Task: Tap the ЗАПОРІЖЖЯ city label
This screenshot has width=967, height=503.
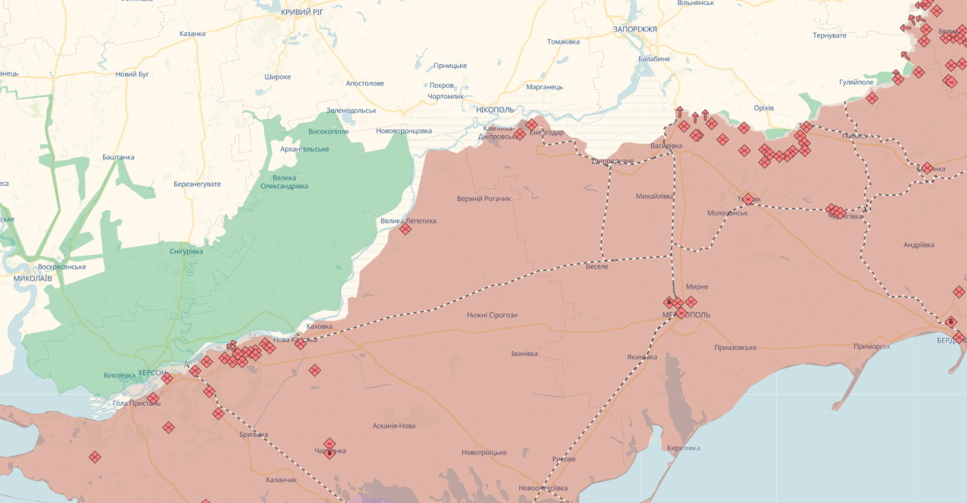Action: tap(634, 29)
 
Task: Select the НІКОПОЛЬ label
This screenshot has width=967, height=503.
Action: tap(495, 110)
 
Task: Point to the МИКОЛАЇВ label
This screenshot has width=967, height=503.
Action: tap(32, 278)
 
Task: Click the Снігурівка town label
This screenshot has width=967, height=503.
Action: tap(186, 251)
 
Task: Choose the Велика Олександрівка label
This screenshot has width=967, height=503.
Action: tap(284, 182)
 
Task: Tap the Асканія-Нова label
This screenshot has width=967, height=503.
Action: tap(394, 426)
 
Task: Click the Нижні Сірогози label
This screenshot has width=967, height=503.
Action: tap(492, 315)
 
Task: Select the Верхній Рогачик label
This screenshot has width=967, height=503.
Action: tap(484, 199)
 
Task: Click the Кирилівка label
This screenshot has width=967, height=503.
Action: tap(683, 448)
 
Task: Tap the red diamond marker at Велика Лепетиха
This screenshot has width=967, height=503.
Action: tap(405, 229)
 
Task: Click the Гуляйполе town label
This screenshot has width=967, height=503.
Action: tap(856, 82)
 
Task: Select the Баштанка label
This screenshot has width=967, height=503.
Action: tap(118, 157)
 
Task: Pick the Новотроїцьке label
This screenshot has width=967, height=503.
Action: tap(484, 452)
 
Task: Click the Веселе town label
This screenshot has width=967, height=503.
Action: tap(596, 266)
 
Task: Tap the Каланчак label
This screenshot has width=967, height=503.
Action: tap(281, 480)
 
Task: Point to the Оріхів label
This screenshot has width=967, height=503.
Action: tap(763, 108)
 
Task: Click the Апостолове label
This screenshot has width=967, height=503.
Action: tap(364, 83)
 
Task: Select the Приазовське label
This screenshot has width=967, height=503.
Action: tap(735, 347)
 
